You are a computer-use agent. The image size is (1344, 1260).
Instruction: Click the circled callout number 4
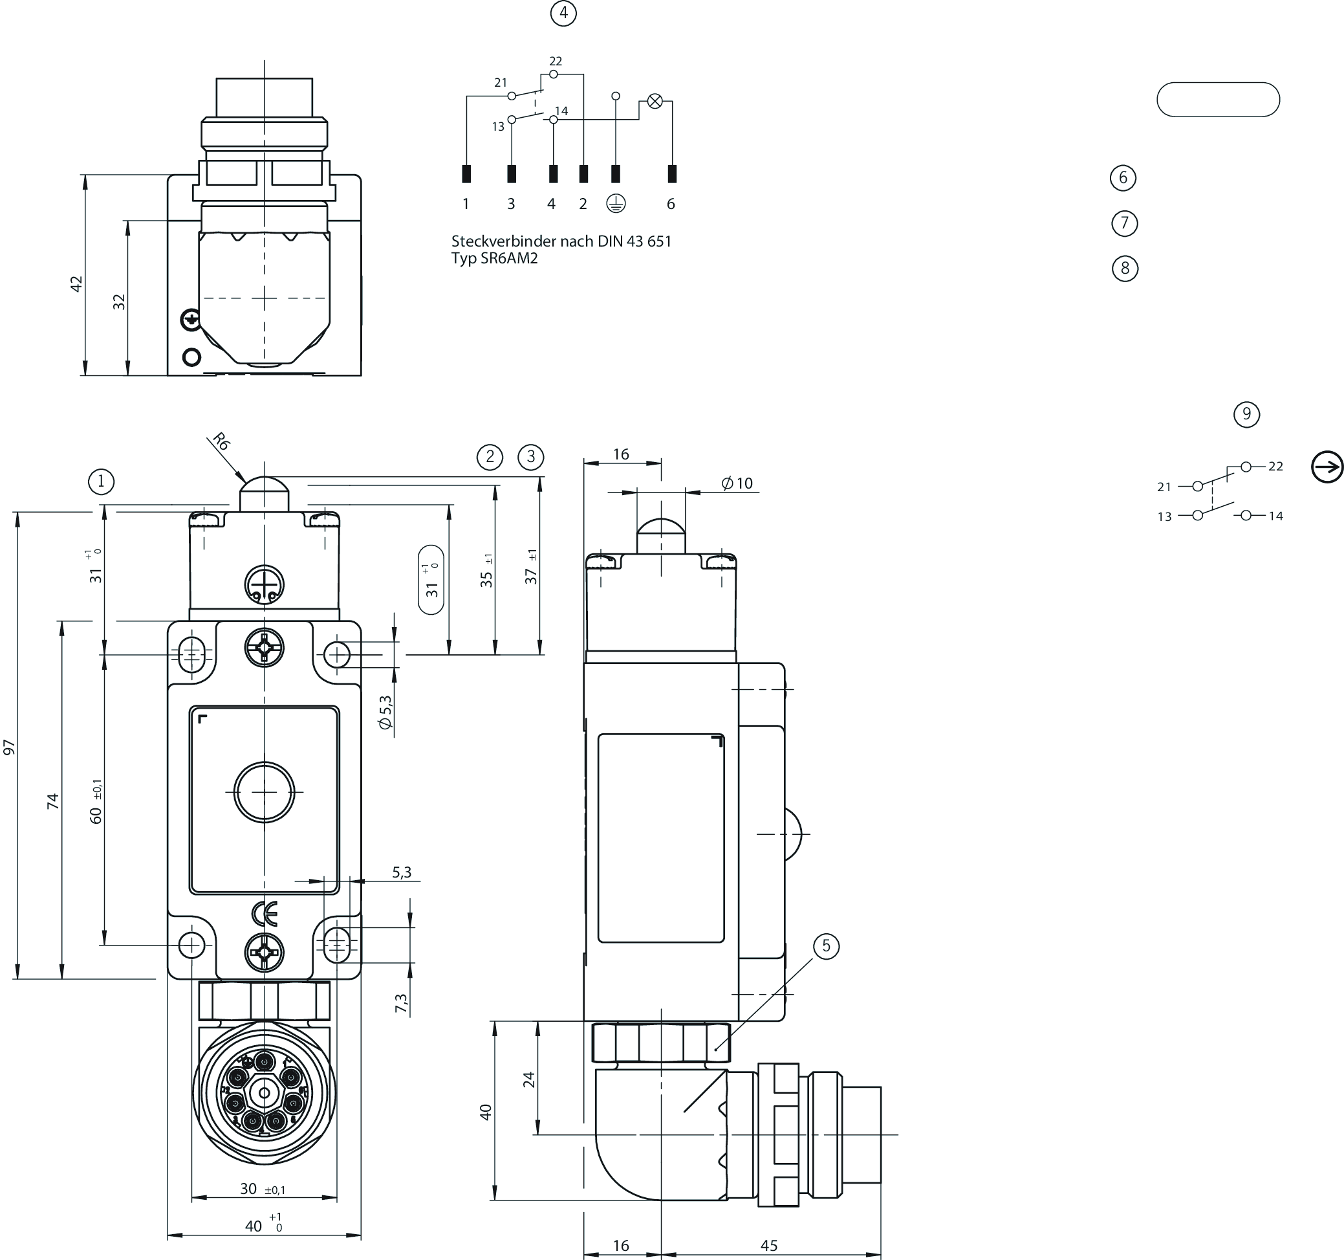(563, 14)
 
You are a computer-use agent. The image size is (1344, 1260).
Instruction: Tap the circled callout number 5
(826, 945)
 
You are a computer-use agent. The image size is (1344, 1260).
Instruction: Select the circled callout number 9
(1246, 414)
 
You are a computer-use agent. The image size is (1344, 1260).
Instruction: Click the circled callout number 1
(102, 481)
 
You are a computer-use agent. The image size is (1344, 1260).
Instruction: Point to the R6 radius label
(221, 441)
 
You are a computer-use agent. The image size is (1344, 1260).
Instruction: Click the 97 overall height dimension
(10, 747)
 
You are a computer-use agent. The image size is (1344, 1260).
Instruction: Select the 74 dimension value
(54, 801)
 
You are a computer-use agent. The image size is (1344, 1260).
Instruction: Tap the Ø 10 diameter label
(737, 483)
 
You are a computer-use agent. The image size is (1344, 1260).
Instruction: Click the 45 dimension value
(768, 1245)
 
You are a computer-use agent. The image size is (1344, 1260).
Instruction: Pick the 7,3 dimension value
(401, 1003)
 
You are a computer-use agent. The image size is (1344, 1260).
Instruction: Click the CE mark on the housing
(265, 914)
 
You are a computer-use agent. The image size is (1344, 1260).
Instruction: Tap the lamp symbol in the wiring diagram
(655, 102)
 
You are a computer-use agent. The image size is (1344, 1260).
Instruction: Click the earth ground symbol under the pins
(615, 204)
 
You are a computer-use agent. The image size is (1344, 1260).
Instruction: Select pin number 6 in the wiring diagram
(671, 204)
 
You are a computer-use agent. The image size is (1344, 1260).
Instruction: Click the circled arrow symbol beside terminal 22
(1327, 467)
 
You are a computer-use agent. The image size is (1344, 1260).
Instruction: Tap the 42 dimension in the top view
(76, 283)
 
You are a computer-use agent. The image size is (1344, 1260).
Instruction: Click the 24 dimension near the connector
(529, 1079)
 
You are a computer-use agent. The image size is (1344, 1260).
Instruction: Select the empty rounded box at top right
(1218, 100)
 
